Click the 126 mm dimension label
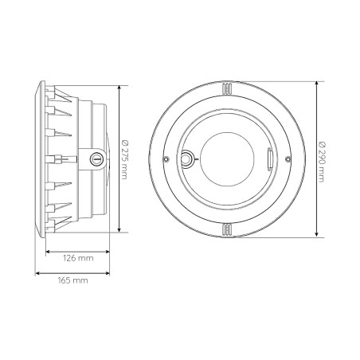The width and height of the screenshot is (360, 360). point(78,258)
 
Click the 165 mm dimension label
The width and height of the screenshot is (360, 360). point(72,280)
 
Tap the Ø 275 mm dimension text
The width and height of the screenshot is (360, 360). point(124,159)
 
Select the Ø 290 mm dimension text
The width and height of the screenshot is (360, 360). point(322,162)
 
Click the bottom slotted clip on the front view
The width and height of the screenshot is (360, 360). point(227,229)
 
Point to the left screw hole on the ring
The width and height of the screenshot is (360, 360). point(166,159)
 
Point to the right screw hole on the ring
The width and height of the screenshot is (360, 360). point(288,159)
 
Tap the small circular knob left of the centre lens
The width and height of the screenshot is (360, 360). point(187,158)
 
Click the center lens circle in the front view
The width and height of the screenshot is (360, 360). point(227,159)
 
